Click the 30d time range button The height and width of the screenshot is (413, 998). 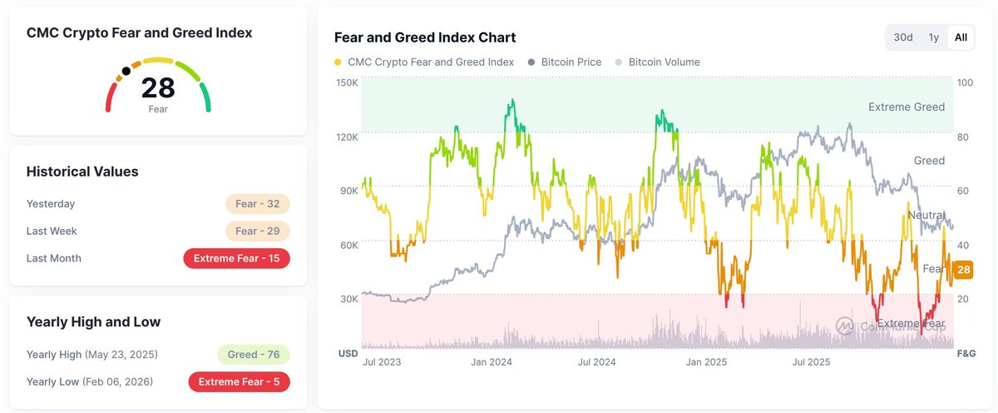(x=903, y=37)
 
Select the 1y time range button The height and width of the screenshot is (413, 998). (x=934, y=37)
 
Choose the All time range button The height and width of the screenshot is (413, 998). (x=961, y=37)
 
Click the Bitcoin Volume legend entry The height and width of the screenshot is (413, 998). (x=657, y=62)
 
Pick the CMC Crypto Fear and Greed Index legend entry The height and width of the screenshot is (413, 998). (x=423, y=62)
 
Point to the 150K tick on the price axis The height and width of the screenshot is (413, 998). (x=347, y=82)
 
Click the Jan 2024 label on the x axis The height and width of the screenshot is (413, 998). (x=491, y=362)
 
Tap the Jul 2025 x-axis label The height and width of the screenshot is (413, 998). (x=810, y=362)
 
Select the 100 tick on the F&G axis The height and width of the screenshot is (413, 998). (x=965, y=82)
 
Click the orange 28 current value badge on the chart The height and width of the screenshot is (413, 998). (x=964, y=269)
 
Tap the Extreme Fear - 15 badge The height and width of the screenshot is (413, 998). (x=236, y=258)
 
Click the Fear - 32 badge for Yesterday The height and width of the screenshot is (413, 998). (x=257, y=204)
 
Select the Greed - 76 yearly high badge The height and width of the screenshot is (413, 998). (x=253, y=355)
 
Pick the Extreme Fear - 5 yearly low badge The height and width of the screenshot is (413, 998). (x=240, y=382)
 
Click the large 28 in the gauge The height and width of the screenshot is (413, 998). (x=158, y=87)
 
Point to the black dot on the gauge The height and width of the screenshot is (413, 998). (x=126, y=72)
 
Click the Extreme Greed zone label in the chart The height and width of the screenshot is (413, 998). (x=906, y=107)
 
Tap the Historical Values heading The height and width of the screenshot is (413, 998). (x=82, y=172)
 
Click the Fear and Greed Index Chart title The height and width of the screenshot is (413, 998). (x=425, y=37)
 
